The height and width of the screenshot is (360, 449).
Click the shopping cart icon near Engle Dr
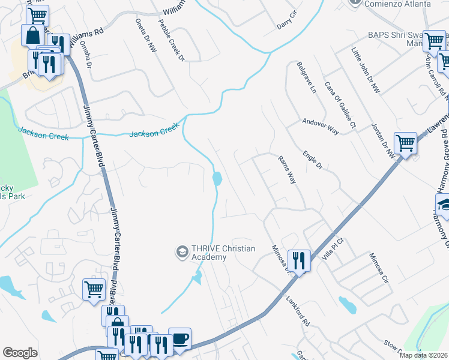pos(406,143)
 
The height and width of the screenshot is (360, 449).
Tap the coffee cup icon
pos(179,338)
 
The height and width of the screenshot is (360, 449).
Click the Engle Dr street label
pos(313,161)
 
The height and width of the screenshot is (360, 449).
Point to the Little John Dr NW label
pos(366,71)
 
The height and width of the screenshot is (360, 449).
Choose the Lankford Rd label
pos(297,312)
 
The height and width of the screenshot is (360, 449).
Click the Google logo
pos(20,352)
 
